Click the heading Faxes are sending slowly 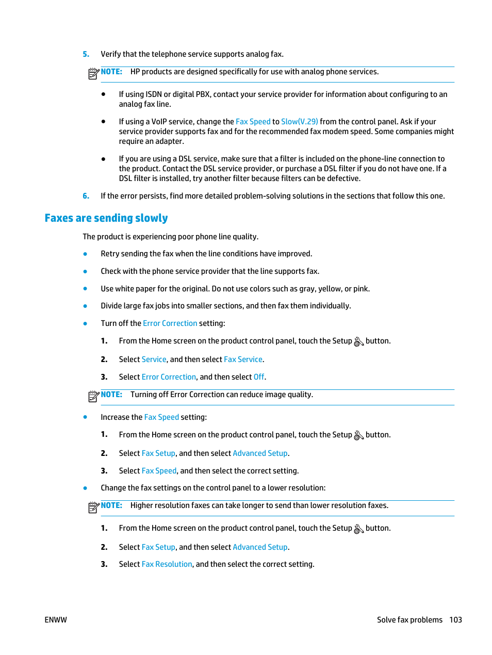106,218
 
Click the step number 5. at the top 86,54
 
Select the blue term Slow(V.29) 299,122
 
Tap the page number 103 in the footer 455,620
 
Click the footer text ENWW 56,620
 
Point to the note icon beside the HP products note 93,74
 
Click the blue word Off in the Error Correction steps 259,377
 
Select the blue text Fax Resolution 167,564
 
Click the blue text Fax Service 243,359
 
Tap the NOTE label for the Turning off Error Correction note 111,395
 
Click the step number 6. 86,196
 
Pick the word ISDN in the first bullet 154,94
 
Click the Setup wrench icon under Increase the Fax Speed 359,435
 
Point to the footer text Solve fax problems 409,620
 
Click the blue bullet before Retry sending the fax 85,254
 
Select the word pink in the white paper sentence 360,289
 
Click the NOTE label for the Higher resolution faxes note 111,505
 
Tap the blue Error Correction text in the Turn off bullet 170,323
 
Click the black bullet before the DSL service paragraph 104,159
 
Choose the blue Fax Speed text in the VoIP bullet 253,122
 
